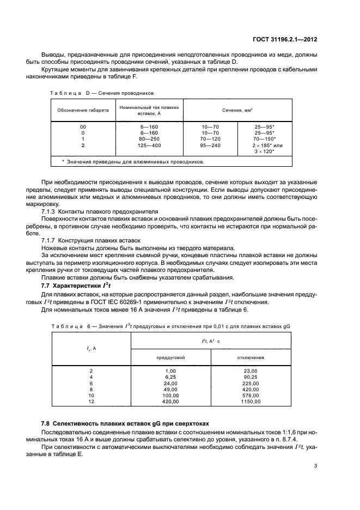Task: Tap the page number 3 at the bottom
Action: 316,466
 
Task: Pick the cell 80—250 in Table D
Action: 149,138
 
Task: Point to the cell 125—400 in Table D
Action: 149,145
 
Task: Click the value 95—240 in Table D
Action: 210,145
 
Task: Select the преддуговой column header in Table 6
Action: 172,357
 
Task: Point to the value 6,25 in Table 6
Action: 172,377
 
